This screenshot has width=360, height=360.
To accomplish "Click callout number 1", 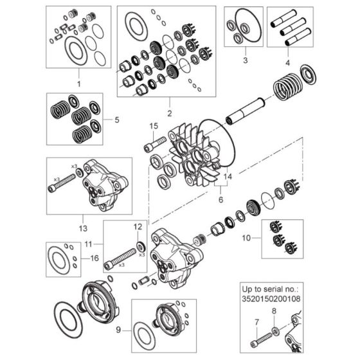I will pos(78,84).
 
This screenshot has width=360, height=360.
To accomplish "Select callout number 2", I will pos(170,103).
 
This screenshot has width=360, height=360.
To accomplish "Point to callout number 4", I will pos(287,62).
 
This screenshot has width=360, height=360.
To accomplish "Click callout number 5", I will pos(116,120).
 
